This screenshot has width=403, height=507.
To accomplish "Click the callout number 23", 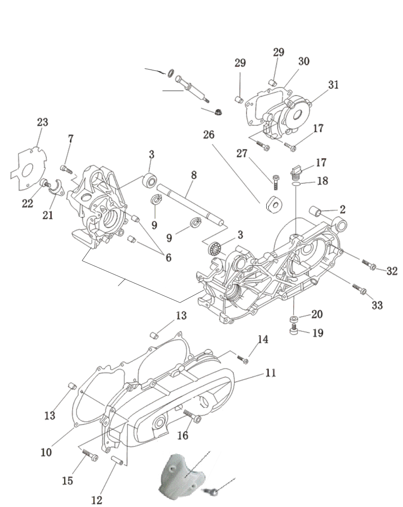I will (x=43, y=122).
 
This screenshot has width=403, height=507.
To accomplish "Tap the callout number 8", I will (x=194, y=175).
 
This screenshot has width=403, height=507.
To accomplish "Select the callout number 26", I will (x=209, y=135).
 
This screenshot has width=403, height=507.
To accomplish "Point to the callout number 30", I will (x=304, y=61).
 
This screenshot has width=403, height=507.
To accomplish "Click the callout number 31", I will (x=334, y=85).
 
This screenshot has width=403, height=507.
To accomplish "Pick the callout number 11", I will (x=271, y=373).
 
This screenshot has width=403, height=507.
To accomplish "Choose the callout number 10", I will (x=46, y=452).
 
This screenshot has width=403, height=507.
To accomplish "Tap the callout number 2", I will (x=343, y=209).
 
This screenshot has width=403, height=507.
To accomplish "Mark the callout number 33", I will (x=377, y=305).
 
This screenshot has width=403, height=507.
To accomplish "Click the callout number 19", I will (x=318, y=333).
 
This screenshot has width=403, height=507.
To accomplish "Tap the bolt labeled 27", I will (x=275, y=182).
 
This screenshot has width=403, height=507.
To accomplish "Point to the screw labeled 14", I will (x=242, y=359).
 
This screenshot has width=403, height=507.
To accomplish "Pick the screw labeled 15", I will (x=90, y=456).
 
